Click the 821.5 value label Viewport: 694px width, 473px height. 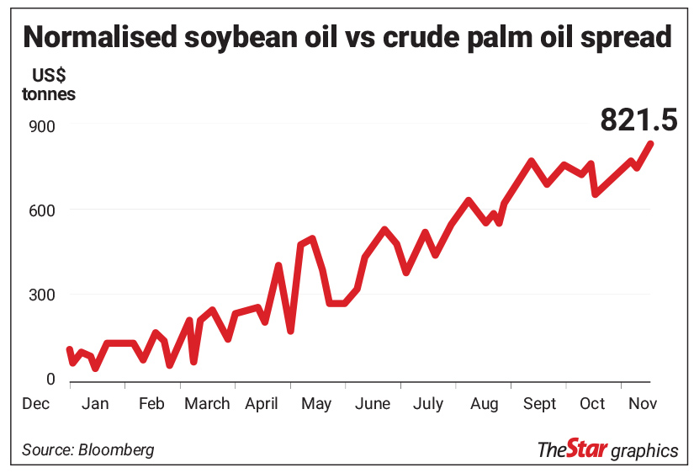638,120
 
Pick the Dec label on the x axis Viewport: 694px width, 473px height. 36,404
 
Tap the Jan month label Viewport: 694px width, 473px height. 95,404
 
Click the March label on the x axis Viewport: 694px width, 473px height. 207,404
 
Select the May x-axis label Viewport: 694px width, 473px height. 316,404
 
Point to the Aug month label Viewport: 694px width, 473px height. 485,404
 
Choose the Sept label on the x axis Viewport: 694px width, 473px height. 539,404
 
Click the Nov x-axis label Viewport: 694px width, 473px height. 643,404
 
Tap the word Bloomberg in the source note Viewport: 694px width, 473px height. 116,449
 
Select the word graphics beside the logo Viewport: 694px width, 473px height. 644,451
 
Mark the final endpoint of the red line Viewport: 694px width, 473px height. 651,144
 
